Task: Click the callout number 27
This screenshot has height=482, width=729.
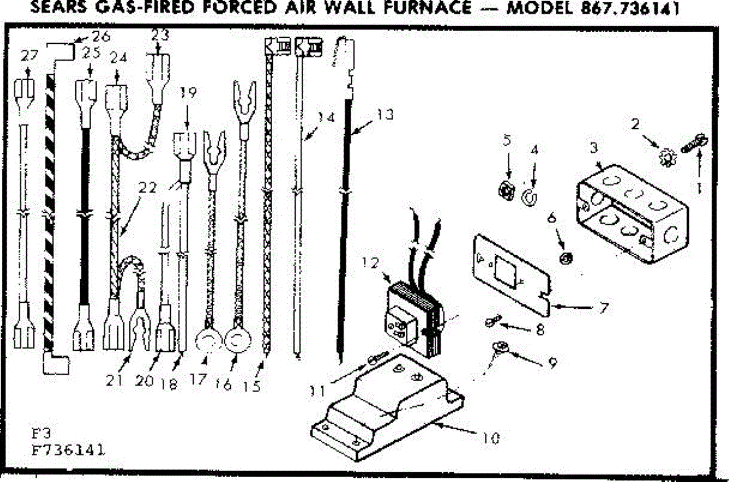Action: click(x=29, y=55)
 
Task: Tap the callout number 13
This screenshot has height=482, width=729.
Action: click(x=385, y=113)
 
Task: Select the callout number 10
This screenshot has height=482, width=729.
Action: click(x=493, y=436)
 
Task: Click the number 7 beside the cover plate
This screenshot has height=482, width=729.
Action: click(x=603, y=308)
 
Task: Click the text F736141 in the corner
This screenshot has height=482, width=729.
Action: click(x=67, y=452)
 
